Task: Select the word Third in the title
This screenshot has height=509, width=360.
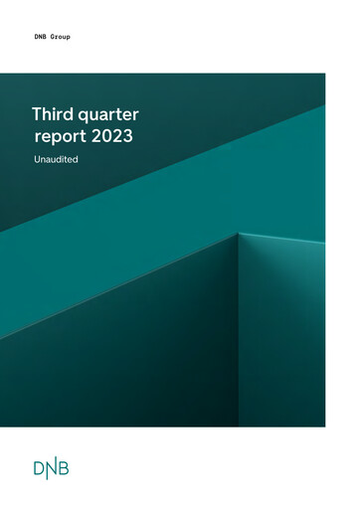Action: [x=52, y=115]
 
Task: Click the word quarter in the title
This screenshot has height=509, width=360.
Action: [x=104, y=115]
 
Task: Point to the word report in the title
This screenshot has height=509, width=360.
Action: [x=59, y=136]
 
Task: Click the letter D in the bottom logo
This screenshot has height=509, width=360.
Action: [x=39, y=468]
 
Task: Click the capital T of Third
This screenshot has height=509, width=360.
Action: [x=37, y=115]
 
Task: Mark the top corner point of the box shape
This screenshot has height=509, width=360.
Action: [x=240, y=233]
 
